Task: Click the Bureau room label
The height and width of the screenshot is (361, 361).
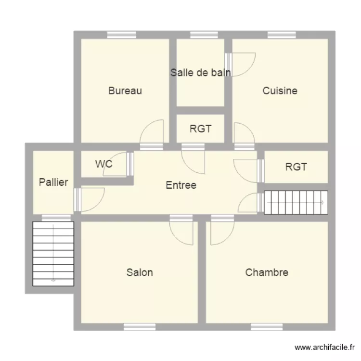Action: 125,90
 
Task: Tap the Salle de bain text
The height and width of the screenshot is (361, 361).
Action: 200,73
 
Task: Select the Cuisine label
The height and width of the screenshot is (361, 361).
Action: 280,90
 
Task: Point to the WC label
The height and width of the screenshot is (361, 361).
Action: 103,164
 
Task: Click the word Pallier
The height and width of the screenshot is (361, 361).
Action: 53,182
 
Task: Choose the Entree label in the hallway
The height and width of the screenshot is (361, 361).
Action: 181,185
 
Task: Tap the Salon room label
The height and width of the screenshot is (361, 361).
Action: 140,272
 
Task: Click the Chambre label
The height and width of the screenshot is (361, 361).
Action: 267,272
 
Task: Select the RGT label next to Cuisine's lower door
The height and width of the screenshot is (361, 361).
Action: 200,129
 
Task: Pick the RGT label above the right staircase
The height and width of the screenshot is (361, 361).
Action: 296,167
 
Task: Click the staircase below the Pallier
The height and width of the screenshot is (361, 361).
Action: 53,253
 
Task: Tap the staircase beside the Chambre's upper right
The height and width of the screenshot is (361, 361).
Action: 296,203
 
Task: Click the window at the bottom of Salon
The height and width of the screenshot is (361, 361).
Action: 140,327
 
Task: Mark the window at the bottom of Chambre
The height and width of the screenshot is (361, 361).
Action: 267,327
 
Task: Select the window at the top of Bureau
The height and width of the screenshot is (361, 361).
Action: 121,35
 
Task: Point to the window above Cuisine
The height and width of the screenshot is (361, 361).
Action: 282,35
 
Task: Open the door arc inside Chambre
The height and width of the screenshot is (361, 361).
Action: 222,232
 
